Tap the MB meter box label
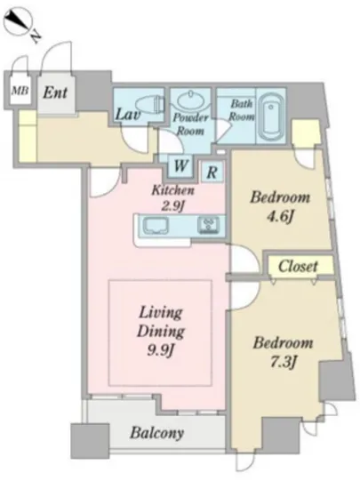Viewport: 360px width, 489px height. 20,91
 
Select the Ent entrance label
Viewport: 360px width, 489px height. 55,92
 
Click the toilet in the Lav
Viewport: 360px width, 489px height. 151,103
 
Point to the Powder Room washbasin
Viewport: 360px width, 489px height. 190,100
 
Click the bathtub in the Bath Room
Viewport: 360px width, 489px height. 270,116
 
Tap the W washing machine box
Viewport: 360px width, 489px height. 180,165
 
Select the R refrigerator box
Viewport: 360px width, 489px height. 212,172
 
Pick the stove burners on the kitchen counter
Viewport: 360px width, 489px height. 208,226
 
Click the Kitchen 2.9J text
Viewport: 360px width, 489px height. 173,197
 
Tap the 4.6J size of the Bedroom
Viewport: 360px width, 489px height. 280,217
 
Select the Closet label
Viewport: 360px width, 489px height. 298,267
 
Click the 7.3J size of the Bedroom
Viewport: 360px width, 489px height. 283,362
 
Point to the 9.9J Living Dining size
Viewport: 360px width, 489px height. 160,350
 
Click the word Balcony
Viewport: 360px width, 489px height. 156,433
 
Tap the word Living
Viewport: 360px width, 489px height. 161,312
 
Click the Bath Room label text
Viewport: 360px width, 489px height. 242,109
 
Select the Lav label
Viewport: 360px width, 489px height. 127,114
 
